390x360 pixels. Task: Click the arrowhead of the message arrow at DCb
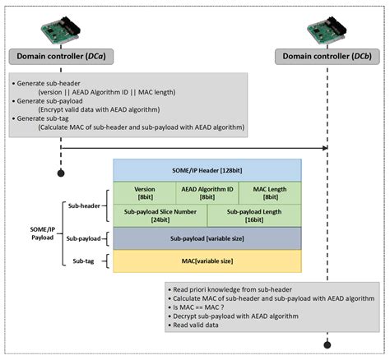pos(324,149)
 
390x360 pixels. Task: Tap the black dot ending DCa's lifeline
pos(60,173)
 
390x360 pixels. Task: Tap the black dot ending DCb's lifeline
pos(327,345)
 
